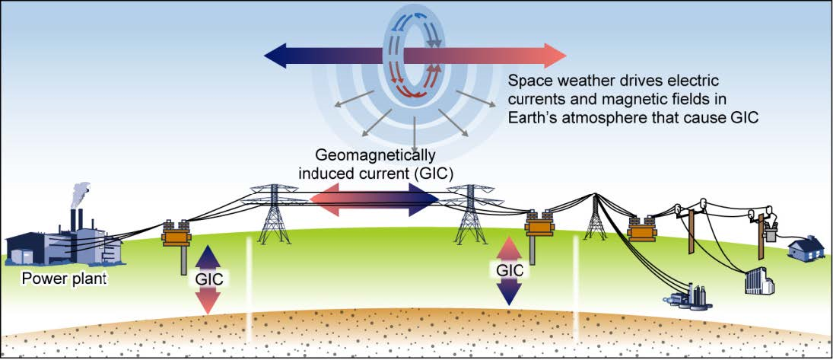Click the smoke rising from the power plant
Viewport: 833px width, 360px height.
(82, 193)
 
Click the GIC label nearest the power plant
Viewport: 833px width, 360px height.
(208, 279)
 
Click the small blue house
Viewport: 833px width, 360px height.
(806, 247)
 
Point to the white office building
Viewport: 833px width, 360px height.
(759, 279)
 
